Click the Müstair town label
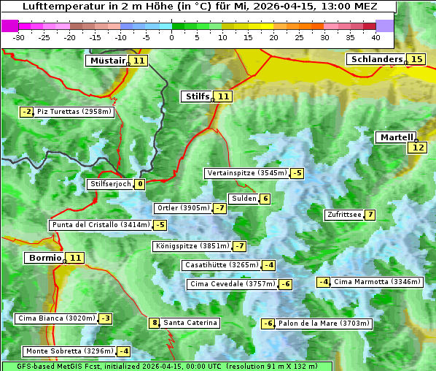[x=106, y=61]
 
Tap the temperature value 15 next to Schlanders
[x=416, y=59]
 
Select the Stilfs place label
[x=197, y=96]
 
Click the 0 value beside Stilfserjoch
[x=139, y=184]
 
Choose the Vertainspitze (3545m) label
[x=246, y=173]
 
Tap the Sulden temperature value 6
[x=265, y=199]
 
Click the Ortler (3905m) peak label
[x=183, y=208]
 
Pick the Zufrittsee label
[x=344, y=215]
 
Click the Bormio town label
[x=44, y=258]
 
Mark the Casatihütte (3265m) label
[x=220, y=265]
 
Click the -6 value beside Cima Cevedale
[x=285, y=284]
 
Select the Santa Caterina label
[x=190, y=323]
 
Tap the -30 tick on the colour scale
[x=19, y=37]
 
